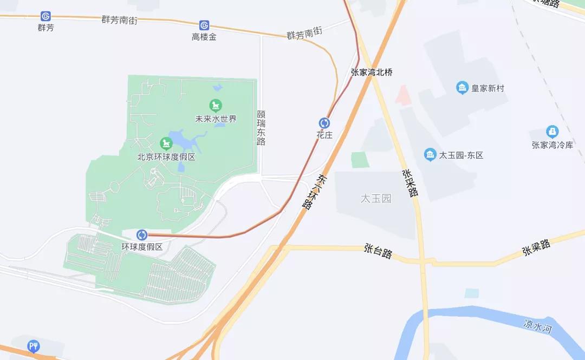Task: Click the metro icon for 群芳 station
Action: [x=45, y=17]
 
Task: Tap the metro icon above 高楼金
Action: [x=204, y=25]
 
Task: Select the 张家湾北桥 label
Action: [x=372, y=72]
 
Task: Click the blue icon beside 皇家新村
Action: [x=462, y=88]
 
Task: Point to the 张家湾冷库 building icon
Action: [x=552, y=132]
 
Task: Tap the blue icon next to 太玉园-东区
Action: [x=430, y=155]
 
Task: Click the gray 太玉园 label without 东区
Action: [x=376, y=199]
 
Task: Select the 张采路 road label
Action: [x=410, y=183]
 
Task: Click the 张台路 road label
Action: [x=378, y=251]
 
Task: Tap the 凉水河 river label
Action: [x=537, y=325]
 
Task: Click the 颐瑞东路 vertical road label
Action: [x=261, y=128]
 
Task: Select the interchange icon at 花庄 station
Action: [x=324, y=123]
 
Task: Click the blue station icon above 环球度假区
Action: [x=142, y=234]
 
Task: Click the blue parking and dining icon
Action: [x=34, y=346]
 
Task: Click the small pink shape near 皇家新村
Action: [x=402, y=95]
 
